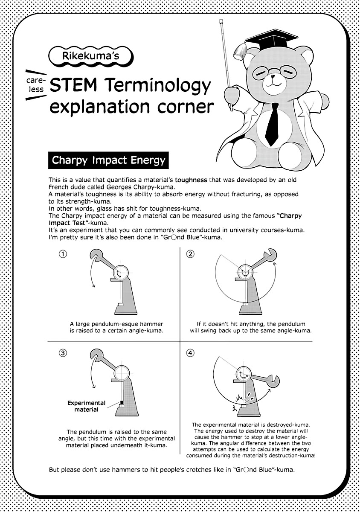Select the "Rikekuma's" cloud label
pos(91,56)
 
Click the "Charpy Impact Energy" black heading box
pos(108,161)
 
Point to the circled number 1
pos(63,254)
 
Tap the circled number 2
pos(190,254)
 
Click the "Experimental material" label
pos(87,406)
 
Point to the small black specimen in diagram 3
pos(121,402)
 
